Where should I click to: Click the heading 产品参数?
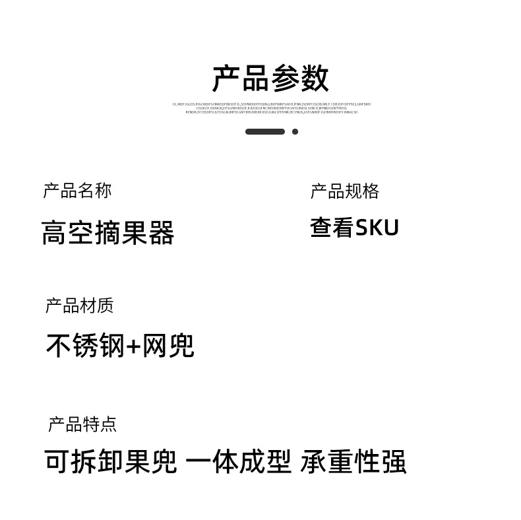click(270, 79)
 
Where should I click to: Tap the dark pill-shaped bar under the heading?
click(264, 132)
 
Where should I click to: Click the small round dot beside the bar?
click(295, 132)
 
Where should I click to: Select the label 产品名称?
click(77, 191)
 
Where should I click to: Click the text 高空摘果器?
click(107, 233)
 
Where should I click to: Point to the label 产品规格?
click(344, 191)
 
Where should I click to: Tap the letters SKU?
click(377, 228)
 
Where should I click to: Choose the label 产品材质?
click(79, 306)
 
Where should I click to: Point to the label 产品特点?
click(82, 424)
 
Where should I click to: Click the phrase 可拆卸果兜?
click(111, 462)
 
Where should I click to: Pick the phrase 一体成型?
click(238, 462)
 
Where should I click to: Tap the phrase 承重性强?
click(353, 462)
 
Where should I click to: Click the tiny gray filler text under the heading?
click(271, 108)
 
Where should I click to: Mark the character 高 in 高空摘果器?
click(53, 233)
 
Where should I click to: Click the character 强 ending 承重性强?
click(394, 462)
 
